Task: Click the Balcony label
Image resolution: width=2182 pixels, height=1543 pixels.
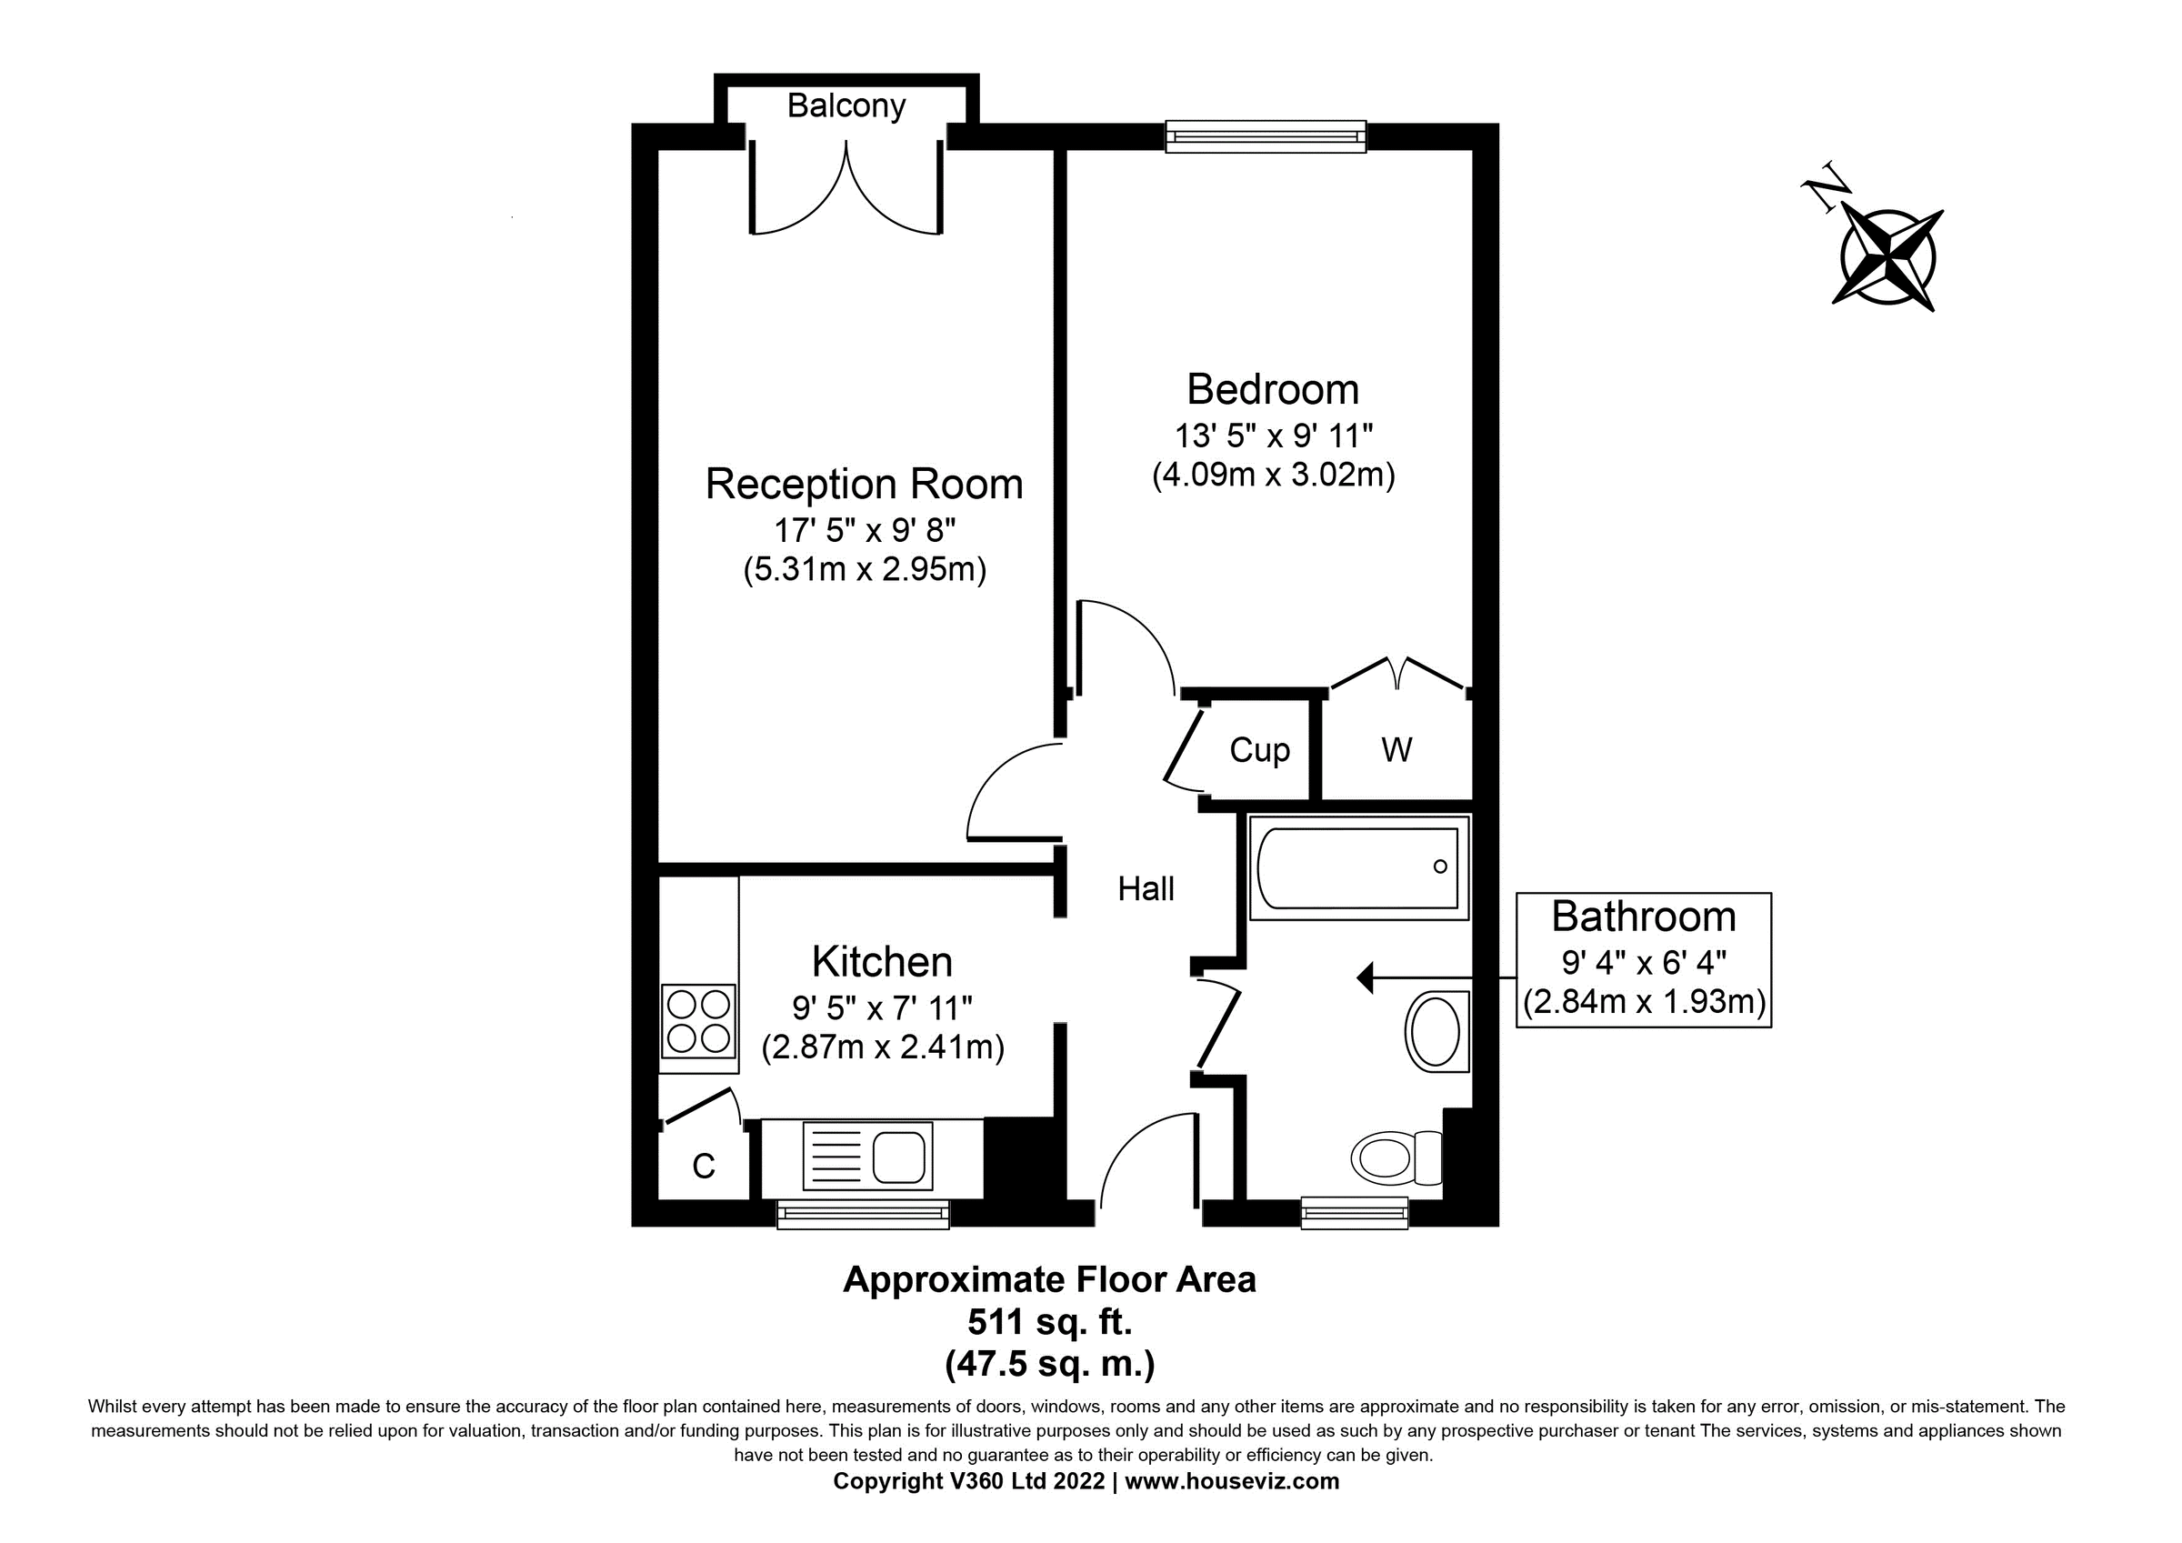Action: click(846, 105)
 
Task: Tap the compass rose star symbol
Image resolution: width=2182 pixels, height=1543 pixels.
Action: click(1887, 257)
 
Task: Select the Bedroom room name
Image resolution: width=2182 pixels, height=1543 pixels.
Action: click(1273, 389)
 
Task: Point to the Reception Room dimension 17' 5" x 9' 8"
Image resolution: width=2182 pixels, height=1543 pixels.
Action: click(864, 528)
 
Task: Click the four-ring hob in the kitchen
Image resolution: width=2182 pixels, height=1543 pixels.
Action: click(698, 1021)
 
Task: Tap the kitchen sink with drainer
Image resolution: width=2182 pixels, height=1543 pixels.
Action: click(866, 1155)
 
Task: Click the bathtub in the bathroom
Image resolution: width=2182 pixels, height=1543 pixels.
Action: click(1358, 867)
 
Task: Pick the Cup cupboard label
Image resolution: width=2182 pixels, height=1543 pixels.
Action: click(1259, 750)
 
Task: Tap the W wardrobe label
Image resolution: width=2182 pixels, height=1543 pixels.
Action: click(1396, 750)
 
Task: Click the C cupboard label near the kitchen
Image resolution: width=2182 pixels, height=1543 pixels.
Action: click(704, 1166)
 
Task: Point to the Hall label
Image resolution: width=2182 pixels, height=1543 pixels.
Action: click(1146, 889)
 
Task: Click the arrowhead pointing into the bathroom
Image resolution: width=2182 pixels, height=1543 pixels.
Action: click(1366, 977)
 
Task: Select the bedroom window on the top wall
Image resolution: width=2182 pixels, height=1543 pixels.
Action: click(1265, 136)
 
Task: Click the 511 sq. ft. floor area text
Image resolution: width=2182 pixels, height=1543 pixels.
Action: click(1049, 1321)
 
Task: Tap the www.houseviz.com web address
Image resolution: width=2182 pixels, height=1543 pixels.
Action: click(1232, 1480)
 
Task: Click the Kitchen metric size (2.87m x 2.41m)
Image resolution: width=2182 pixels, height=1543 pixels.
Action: click(882, 1047)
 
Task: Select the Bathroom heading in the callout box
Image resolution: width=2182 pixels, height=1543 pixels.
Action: click(1643, 917)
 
